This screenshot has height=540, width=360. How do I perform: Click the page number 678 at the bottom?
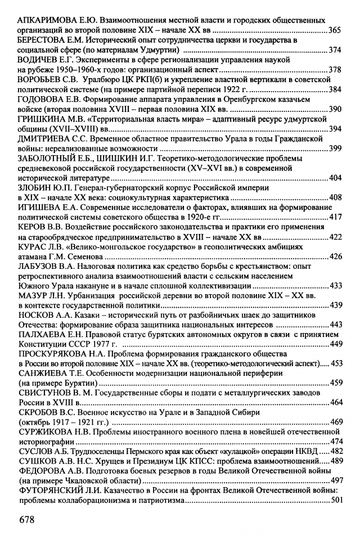26,519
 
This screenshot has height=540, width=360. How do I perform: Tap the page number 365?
335,30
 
